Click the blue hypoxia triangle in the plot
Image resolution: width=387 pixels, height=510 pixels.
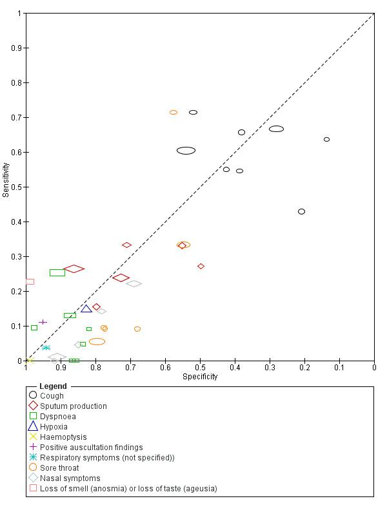tap(86, 309)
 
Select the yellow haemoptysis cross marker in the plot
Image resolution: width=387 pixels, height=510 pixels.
tap(30, 360)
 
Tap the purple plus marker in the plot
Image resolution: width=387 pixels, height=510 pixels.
tap(43, 322)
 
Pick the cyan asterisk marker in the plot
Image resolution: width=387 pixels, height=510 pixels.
tap(46, 348)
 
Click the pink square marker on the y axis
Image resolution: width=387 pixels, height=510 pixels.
tap(30, 281)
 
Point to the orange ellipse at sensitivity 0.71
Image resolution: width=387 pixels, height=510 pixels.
tap(174, 113)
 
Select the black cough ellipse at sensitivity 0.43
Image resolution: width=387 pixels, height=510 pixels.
tap(301, 211)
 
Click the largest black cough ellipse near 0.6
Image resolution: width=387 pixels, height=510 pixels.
tap(186, 151)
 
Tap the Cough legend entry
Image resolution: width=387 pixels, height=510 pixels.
tap(52, 396)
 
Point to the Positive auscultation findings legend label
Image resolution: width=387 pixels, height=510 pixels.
tap(91, 448)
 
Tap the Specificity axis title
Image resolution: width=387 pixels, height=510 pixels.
tap(200, 377)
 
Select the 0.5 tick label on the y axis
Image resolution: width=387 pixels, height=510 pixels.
tap(15, 187)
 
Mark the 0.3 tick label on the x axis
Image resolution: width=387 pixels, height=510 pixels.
tap(270, 368)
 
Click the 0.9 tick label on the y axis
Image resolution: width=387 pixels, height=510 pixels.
tap(15, 48)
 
